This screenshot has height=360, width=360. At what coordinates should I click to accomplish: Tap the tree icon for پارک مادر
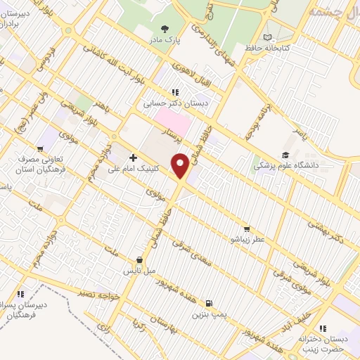tap(165, 29)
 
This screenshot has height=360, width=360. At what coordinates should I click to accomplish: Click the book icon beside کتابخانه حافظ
tap(266, 37)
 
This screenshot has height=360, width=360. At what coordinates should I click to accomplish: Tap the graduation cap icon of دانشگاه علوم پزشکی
tap(285, 155)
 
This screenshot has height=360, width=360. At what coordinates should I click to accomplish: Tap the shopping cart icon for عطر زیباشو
tap(246, 229)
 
